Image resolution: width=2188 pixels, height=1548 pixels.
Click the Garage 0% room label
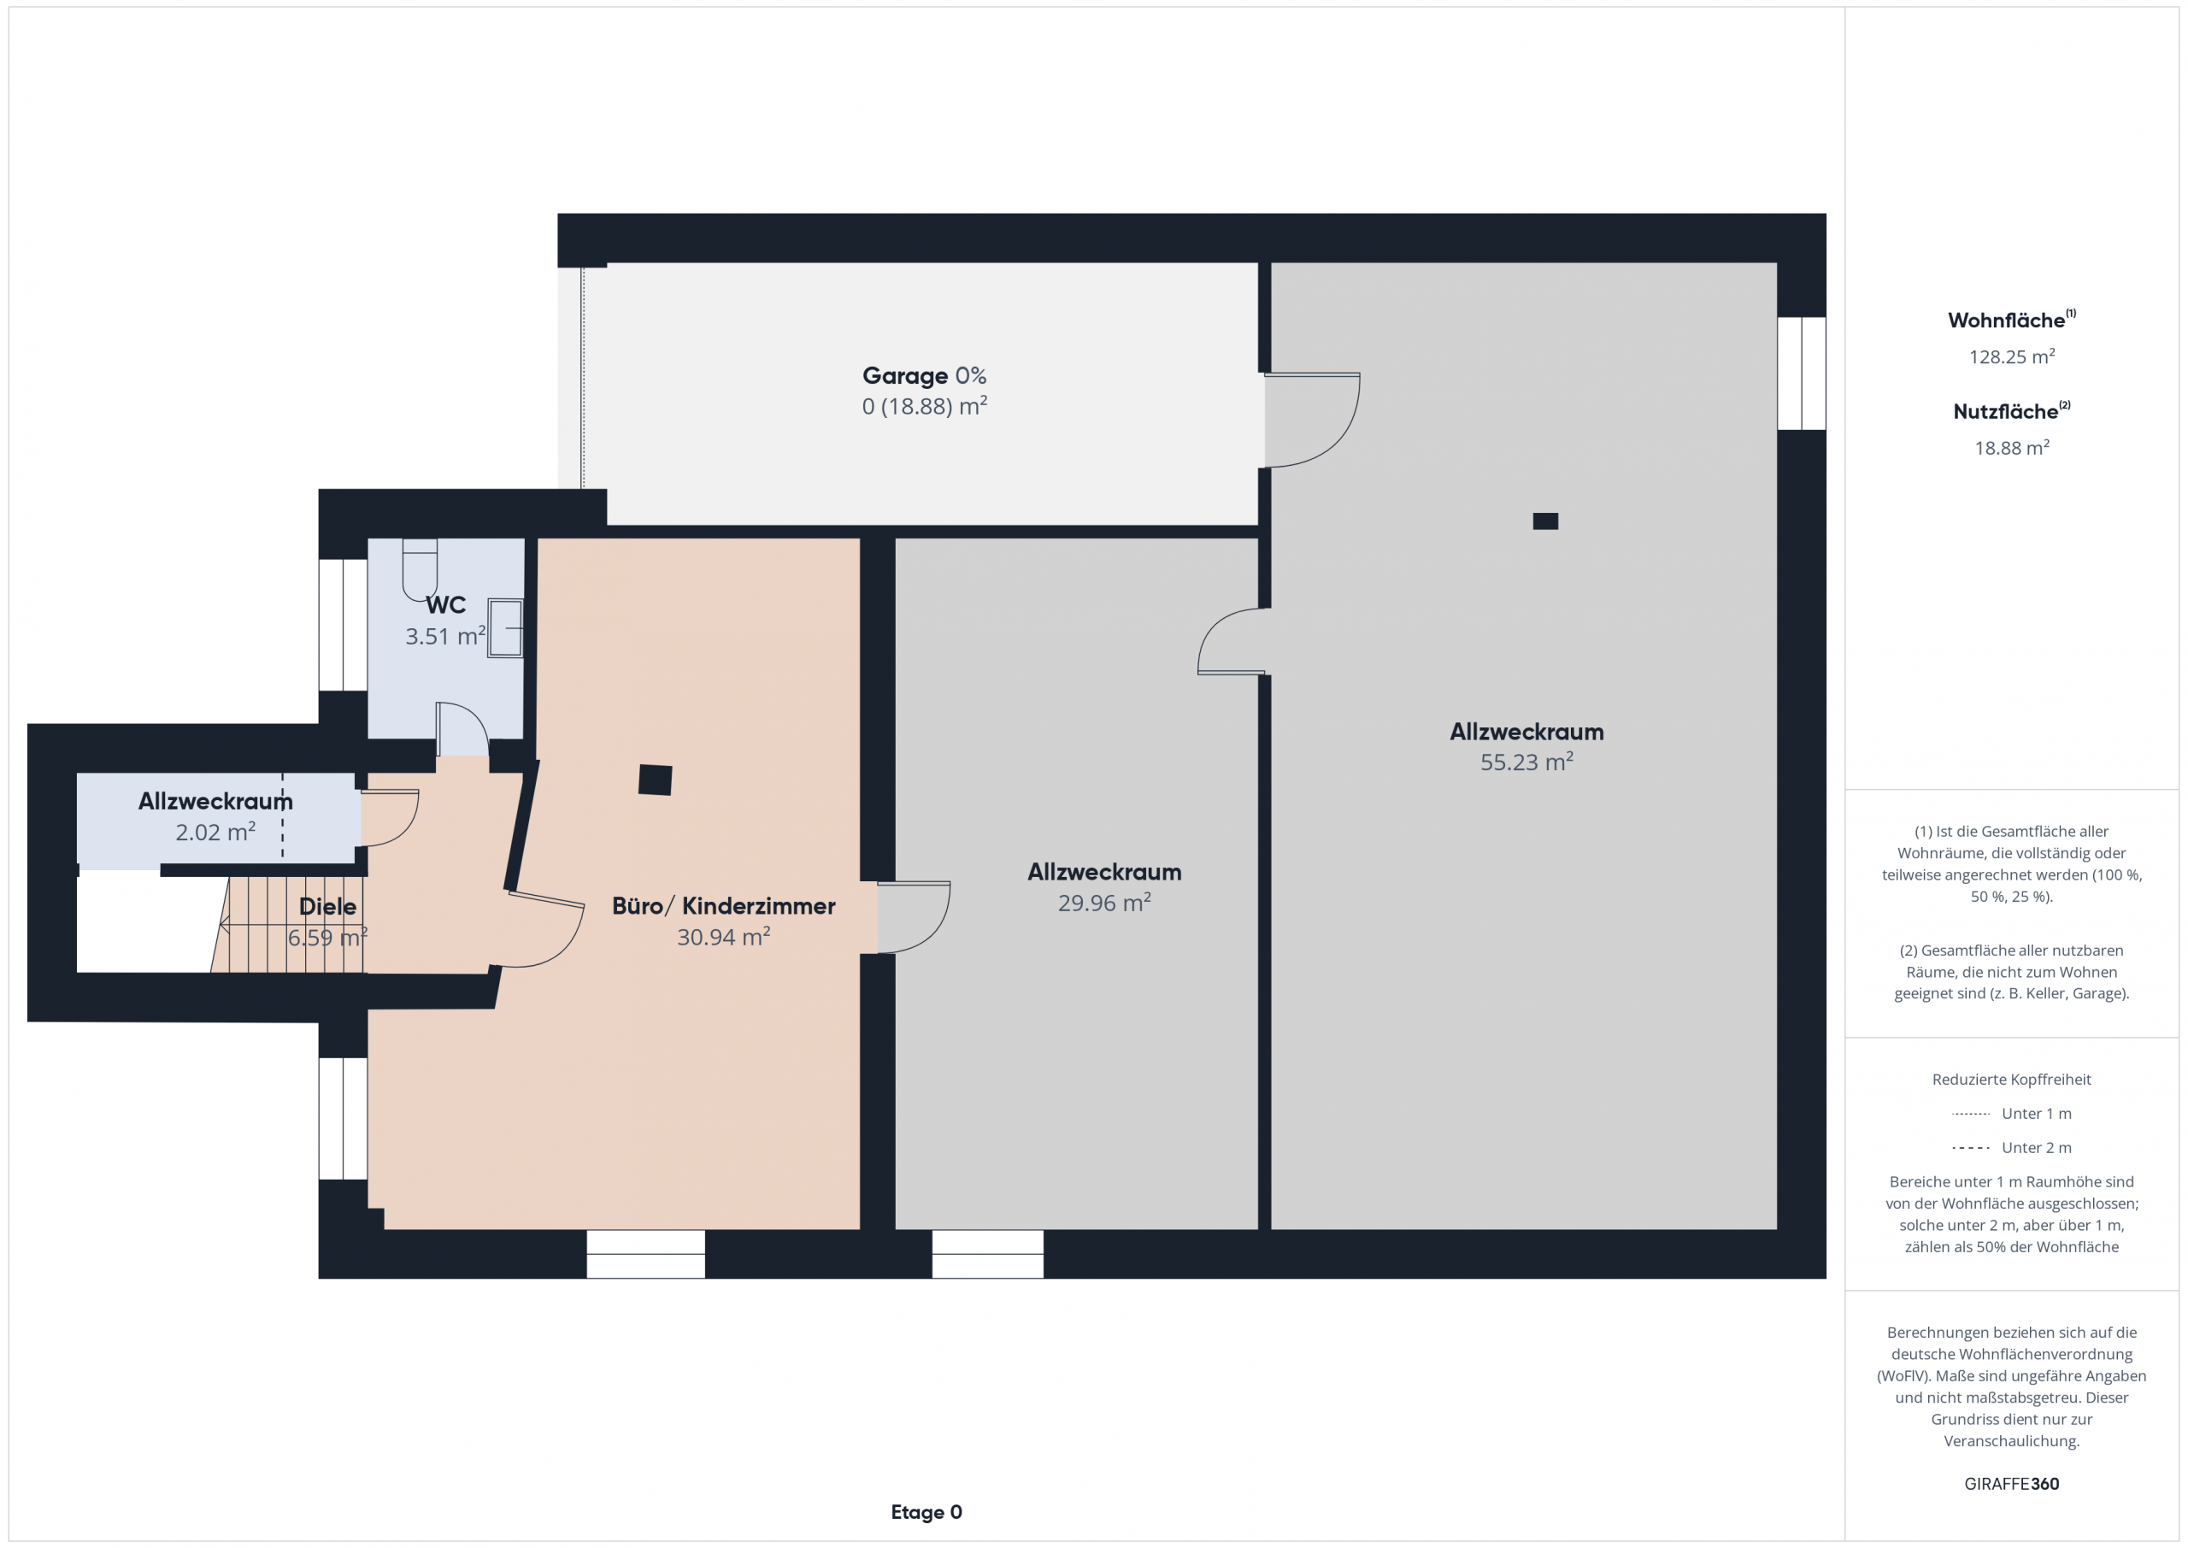coord(923,375)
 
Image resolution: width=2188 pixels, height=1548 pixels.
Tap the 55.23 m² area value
coord(1526,762)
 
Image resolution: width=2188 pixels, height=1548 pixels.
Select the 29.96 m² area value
coord(1103,903)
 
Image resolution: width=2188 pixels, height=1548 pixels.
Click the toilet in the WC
coord(420,570)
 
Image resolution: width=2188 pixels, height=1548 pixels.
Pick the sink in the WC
coord(505,628)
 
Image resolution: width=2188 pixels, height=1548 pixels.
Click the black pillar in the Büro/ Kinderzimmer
coord(655,780)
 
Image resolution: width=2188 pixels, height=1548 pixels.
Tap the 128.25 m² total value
coord(2012,356)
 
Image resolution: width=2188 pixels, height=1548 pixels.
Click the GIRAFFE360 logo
coord(2012,1483)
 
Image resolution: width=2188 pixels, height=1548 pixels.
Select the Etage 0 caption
coord(926,1512)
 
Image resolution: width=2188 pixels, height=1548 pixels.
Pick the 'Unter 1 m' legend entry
coord(2012,1113)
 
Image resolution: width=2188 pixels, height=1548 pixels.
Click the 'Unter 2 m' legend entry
coord(2012,1148)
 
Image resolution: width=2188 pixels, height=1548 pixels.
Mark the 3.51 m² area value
coord(445,636)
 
